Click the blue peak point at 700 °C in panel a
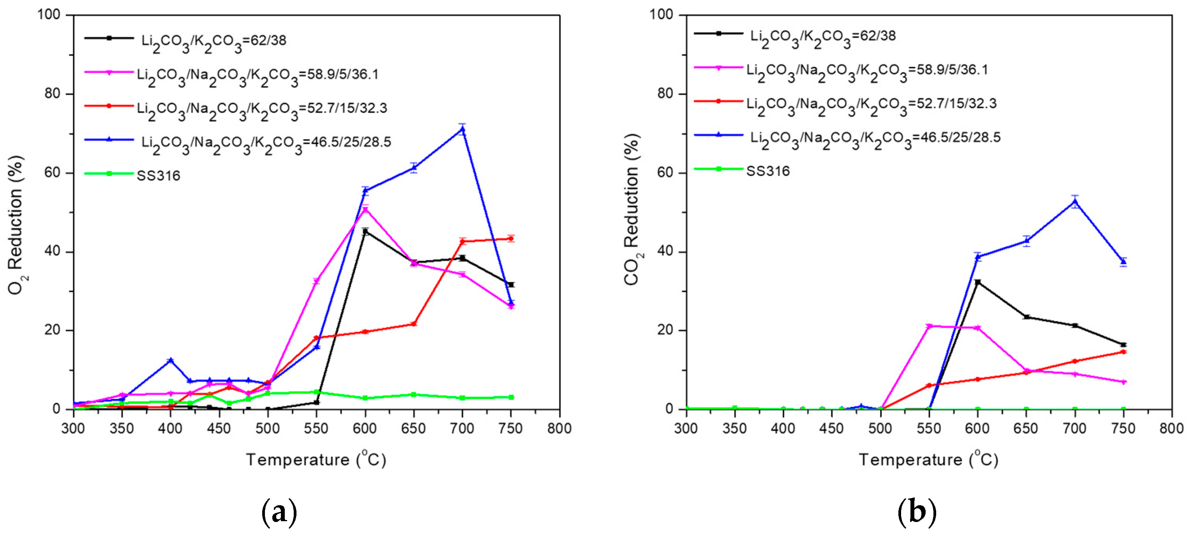click(462, 129)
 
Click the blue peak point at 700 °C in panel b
click(1075, 201)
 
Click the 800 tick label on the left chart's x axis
click(559, 428)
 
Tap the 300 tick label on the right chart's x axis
click(686, 428)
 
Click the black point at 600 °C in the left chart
click(365, 231)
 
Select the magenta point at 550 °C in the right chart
click(929, 326)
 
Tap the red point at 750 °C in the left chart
click(510, 239)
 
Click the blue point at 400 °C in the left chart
click(170, 361)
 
